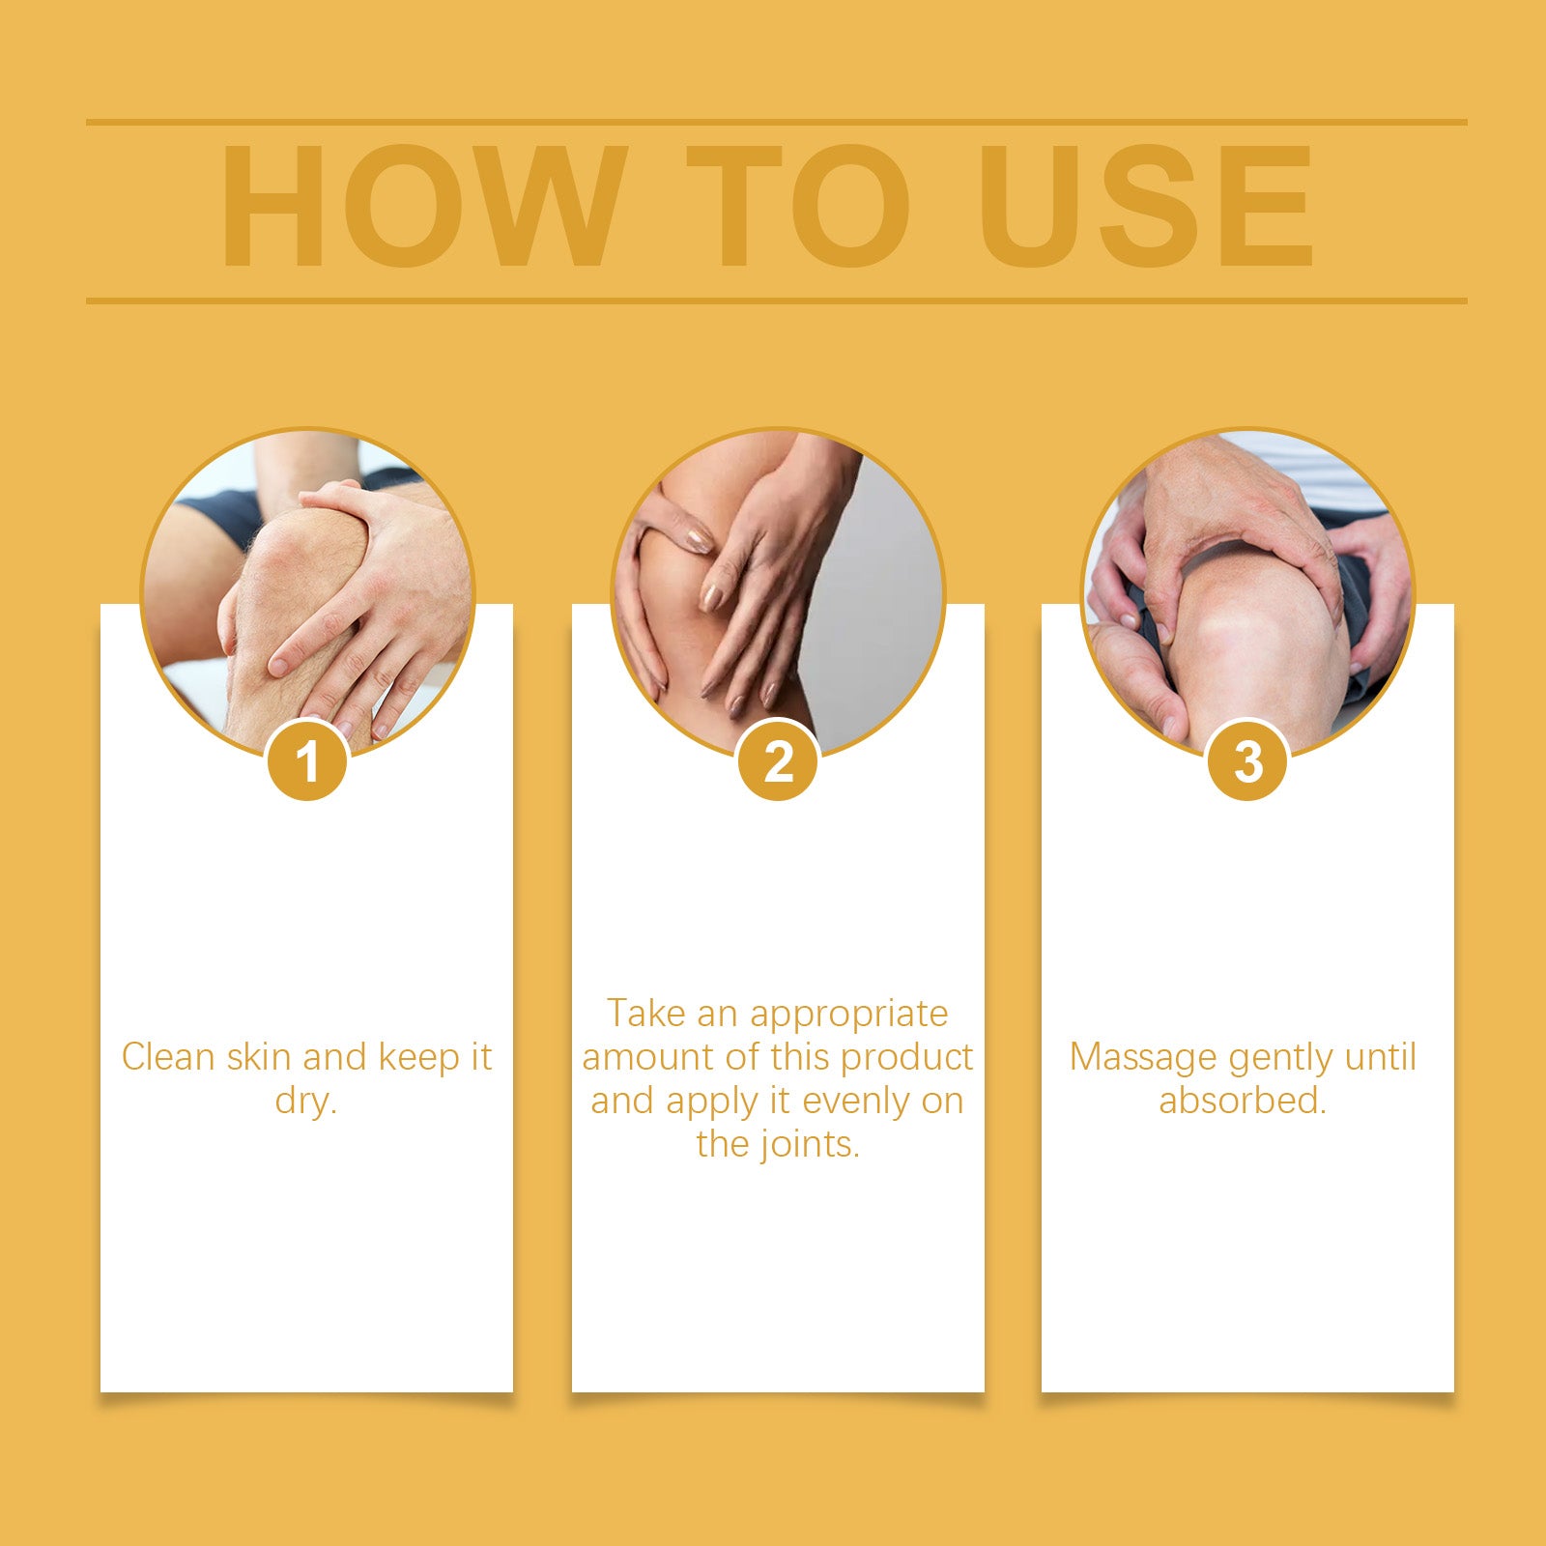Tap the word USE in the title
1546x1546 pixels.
tap(1146, 206)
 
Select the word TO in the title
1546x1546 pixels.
tap(798, 206)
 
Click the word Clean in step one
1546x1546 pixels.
tap(168, 1057)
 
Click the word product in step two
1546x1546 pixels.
tap(906, 1059)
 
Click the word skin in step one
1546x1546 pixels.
tap(259, 1057)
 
